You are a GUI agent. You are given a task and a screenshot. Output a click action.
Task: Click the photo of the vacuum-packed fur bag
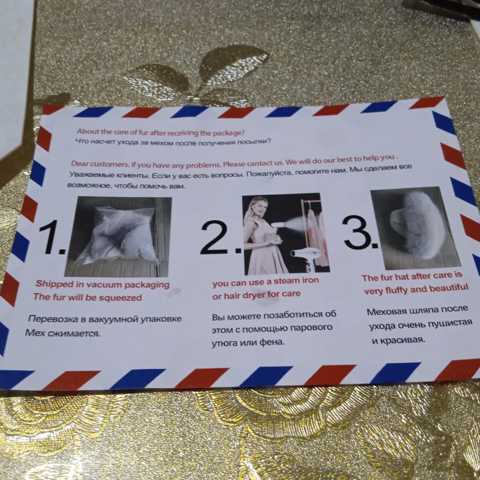(118, 237)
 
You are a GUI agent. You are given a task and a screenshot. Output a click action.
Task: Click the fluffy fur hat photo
(415, 228)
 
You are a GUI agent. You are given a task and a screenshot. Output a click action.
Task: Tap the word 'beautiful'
(449, 288)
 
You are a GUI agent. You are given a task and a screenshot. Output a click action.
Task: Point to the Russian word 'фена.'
(272, 342)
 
